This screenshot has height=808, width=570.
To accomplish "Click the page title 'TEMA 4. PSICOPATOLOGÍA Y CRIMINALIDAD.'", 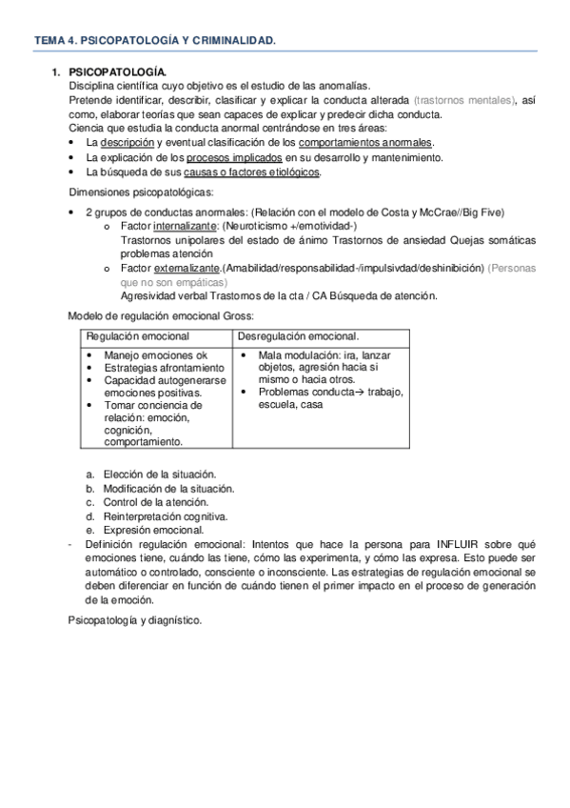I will tap(155, 41).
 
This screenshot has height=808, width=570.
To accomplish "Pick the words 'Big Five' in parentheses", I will tap(481, 212).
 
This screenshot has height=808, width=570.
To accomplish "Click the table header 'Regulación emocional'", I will tap(138, 336).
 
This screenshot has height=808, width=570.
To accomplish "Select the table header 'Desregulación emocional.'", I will tap(297, 336).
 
